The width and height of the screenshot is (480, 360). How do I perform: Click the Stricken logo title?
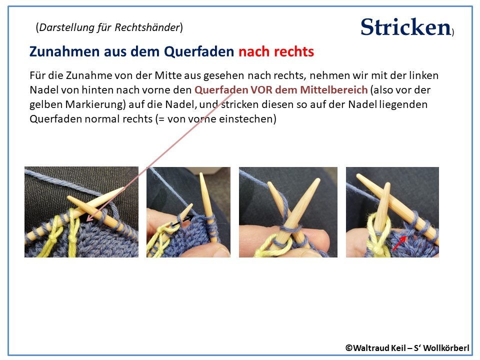click(405, 27)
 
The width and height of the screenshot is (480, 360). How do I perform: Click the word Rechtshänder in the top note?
click(152, 27)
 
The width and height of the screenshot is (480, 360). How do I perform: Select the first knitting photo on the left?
click(81, 212)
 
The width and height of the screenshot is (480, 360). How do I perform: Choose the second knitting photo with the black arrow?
click(188, 212)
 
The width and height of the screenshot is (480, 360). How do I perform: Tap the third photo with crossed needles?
click(288, 212)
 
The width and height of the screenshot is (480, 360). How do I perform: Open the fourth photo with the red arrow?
click(392, 212)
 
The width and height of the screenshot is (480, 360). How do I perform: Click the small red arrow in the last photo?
click(398, 243)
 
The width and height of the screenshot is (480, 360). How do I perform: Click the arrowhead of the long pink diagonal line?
click(88, 219)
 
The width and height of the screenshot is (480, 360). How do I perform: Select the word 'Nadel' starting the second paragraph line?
click(42, 90)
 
